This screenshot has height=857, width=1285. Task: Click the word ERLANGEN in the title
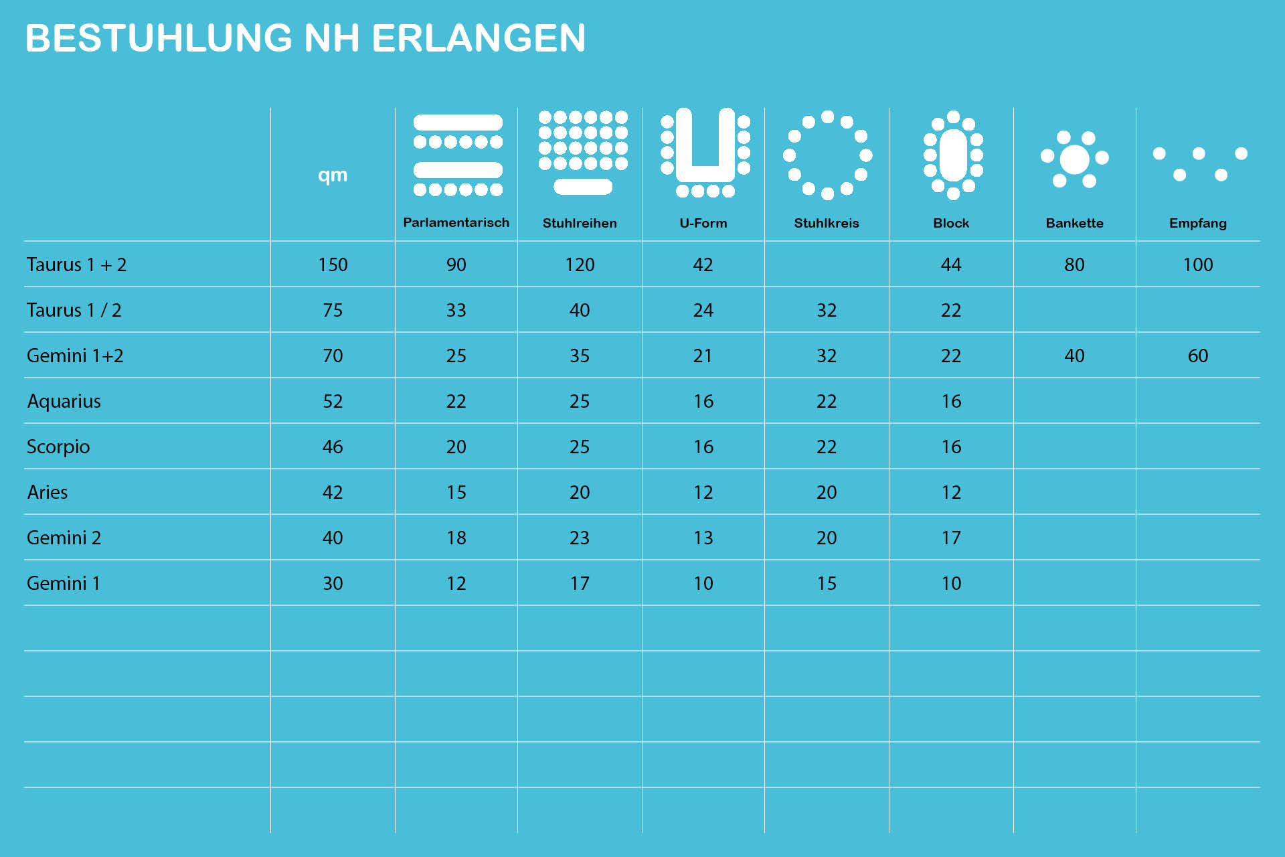479,38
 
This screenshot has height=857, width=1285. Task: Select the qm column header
333,175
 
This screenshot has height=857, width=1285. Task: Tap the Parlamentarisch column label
456,222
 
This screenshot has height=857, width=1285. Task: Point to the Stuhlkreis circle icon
827,155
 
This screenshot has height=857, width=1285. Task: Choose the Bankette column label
1074,223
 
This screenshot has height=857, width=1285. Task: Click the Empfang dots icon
1199,163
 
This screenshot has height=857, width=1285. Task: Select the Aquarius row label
64,401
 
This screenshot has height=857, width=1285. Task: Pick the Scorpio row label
58,447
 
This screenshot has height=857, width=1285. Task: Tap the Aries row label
48,492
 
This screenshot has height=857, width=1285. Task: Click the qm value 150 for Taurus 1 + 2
333,264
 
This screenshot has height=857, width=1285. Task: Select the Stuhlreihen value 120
580,264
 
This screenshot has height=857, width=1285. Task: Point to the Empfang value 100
1197,264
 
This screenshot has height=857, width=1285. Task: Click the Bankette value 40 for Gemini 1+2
1074,356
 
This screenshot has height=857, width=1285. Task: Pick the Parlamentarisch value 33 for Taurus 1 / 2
456,310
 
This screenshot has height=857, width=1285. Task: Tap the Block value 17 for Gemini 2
951,538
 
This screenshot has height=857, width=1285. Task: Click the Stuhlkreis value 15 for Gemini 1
827,583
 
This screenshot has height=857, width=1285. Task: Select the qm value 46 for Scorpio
333,447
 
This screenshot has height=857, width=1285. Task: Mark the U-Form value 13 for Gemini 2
703,538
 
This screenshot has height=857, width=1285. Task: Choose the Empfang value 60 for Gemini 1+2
1197,356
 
